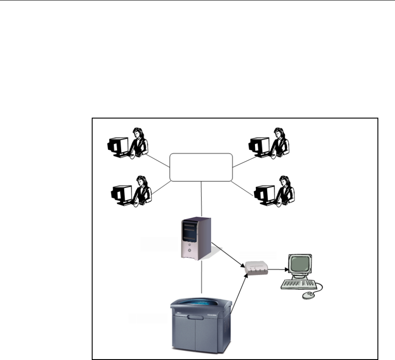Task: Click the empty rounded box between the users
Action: point(201,167)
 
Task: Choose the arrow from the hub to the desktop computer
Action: point(276,269)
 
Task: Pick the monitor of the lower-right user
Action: point(264,193)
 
